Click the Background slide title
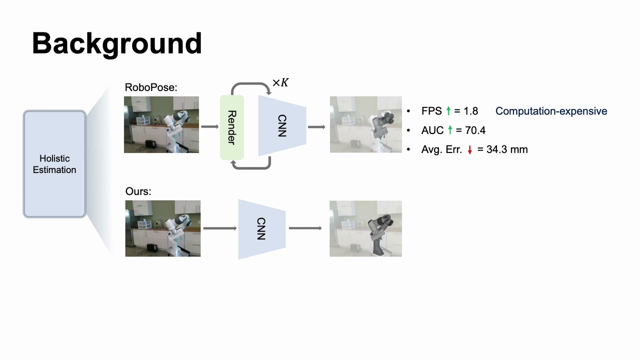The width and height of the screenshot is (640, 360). [x=117, y=43]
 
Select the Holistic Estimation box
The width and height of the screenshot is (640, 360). [x=54, y=164]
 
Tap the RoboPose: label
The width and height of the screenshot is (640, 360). [x=151, y=87]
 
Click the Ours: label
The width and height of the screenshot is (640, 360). [x=138, y=191]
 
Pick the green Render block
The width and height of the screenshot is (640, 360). [x=231, y=127]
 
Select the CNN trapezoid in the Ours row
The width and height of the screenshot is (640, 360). [x=261, y=229]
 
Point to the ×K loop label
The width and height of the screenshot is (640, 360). [x=280, y=82]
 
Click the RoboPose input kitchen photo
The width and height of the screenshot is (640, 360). [x=161, y=124]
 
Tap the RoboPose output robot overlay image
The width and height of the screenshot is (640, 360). [x=365, y=124]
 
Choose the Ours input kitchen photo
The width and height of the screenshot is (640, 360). [x=163, y=228]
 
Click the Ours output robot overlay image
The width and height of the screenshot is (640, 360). [x=365, y=228]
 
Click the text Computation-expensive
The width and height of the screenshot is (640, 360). [x=551, y=111]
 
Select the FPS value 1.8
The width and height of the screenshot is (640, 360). [x=471, y=111]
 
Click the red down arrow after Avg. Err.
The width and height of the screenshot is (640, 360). [x=469, y=149]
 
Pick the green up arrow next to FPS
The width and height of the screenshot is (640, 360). [x=448, y=111]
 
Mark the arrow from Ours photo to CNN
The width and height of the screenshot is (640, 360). [x=219, y=228]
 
